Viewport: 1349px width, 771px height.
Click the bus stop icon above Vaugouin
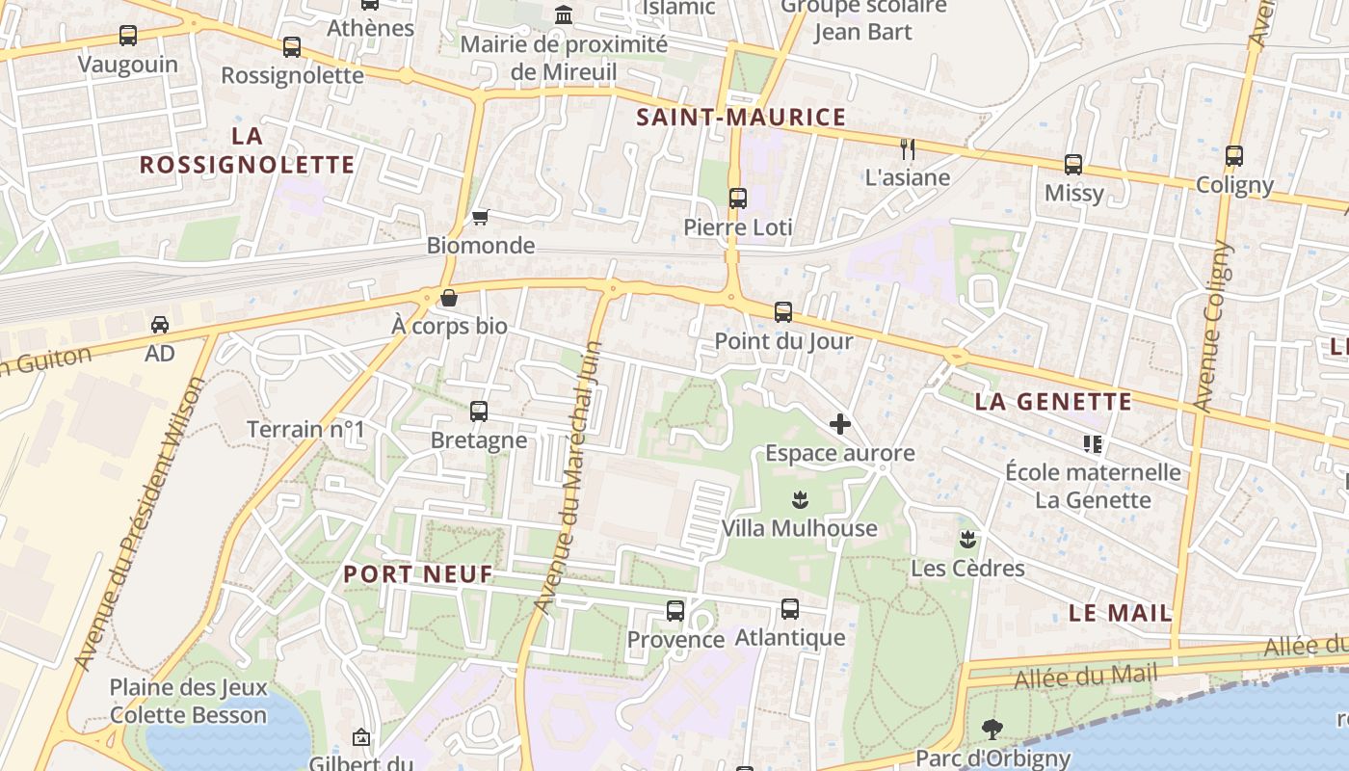(x=128, y=36)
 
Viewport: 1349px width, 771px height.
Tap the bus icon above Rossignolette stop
(x=291, y=46)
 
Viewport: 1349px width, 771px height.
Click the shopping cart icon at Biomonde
(x=480, y=218)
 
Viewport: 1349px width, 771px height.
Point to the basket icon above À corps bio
(x=449, y=298)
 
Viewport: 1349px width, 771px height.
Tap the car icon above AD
(x=160, y=325)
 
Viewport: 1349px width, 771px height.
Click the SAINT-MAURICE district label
(x=741, y=118)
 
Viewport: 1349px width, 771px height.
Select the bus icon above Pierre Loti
(x=738, y=199)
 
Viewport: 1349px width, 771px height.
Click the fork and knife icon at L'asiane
(x=907, y=148)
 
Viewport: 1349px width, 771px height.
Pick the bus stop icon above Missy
(x=1073, y=165)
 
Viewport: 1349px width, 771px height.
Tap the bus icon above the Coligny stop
(x=1234, y=156)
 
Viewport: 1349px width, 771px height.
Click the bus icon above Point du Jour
(x=783, y=312)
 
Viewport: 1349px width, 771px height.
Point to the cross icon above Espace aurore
(x=840, y=424)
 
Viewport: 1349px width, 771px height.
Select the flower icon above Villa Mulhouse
(x=799, y=500)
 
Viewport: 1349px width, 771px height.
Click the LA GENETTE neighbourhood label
(x=1053, y=402)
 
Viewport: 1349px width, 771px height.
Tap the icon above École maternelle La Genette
(x=1093, y=443)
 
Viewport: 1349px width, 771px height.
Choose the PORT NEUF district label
(x=418, y=574)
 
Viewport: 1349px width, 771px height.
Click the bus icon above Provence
(x=675, y=611)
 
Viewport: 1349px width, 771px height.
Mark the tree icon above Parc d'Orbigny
(x=992, y=730)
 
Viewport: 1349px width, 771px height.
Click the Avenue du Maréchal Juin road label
(x=568, y=477)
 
